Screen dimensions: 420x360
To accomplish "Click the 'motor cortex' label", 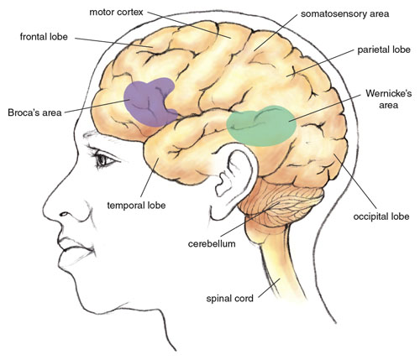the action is (x=116, y=13).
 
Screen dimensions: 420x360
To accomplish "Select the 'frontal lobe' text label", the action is (x=44, y=37).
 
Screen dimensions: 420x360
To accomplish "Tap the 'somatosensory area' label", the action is (x=344, y=13).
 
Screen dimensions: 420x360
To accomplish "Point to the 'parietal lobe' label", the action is (x=384, y=50).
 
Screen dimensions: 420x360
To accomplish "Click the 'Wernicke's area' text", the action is (x=389, y=99).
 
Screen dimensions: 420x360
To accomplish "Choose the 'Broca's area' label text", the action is (x=34, y=112).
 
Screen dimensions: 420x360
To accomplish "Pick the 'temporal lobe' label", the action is (x=136, y=206).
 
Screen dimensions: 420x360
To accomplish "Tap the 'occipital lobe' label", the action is (x=381, y=217).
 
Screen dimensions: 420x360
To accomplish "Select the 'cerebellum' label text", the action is (x=212, y=243).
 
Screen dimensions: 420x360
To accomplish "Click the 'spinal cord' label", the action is (x=229, y=299).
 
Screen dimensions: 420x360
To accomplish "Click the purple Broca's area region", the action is (x=149, y=103).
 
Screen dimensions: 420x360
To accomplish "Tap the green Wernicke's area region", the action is (x=261, y=126).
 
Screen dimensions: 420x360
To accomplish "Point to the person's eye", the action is (x=103, y=160).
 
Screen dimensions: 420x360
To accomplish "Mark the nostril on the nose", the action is (x=64, y=214).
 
